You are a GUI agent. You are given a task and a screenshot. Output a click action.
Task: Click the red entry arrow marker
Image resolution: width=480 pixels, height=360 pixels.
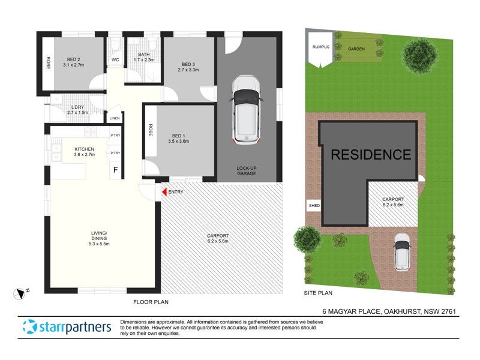pos(163,192)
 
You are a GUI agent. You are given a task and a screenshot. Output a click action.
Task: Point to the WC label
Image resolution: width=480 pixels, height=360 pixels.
pos(115,60)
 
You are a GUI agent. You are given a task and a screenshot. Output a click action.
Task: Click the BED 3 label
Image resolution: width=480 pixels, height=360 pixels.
pos(188,66)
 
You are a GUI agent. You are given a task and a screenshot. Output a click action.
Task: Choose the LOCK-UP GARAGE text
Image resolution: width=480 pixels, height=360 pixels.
pos(246,170)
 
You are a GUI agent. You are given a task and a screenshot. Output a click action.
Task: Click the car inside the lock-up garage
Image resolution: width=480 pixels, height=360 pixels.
pos(247,109)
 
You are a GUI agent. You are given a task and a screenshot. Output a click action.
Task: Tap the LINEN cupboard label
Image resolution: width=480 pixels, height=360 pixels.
pos(115,118)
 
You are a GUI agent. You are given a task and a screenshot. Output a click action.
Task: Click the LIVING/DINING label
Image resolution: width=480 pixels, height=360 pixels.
pos(99,236)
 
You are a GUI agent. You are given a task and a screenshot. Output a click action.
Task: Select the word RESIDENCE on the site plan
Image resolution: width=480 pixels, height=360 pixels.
pos(371,155)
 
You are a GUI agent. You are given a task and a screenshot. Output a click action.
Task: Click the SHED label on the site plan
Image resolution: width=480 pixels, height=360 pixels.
pos(313,206)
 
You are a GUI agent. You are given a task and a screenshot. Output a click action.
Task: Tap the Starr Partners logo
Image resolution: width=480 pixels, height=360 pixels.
pos(67,327)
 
